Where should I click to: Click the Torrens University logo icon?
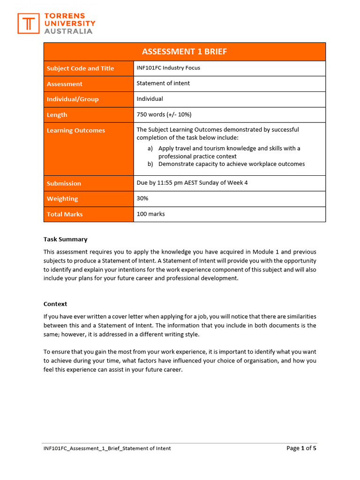tap(29, 23)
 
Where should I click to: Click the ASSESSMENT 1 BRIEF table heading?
tap(184, 52)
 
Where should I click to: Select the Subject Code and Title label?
tap(80, 68)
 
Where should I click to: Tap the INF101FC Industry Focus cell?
tap(168, 68)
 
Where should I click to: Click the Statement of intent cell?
tap(163, 83)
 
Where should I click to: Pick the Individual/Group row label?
tap(73, 99)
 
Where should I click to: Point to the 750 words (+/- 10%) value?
tap(164, 114)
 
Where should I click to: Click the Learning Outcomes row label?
tap(76, 130)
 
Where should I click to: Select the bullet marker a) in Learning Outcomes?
tap(150, 149)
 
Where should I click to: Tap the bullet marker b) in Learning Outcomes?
tap(150, 164)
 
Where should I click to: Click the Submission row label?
tap(64, 183)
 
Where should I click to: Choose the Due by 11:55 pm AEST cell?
tap(192, 183)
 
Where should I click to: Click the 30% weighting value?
tap(142, 198)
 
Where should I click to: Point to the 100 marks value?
tap(150, 214)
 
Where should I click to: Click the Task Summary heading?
tap(66, 239)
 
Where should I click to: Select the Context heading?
tap(55, 304)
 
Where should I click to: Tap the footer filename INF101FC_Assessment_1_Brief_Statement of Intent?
tap(107, 449)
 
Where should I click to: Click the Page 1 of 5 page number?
tap(301, 448)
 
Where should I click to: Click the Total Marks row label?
tap(65, 214)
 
